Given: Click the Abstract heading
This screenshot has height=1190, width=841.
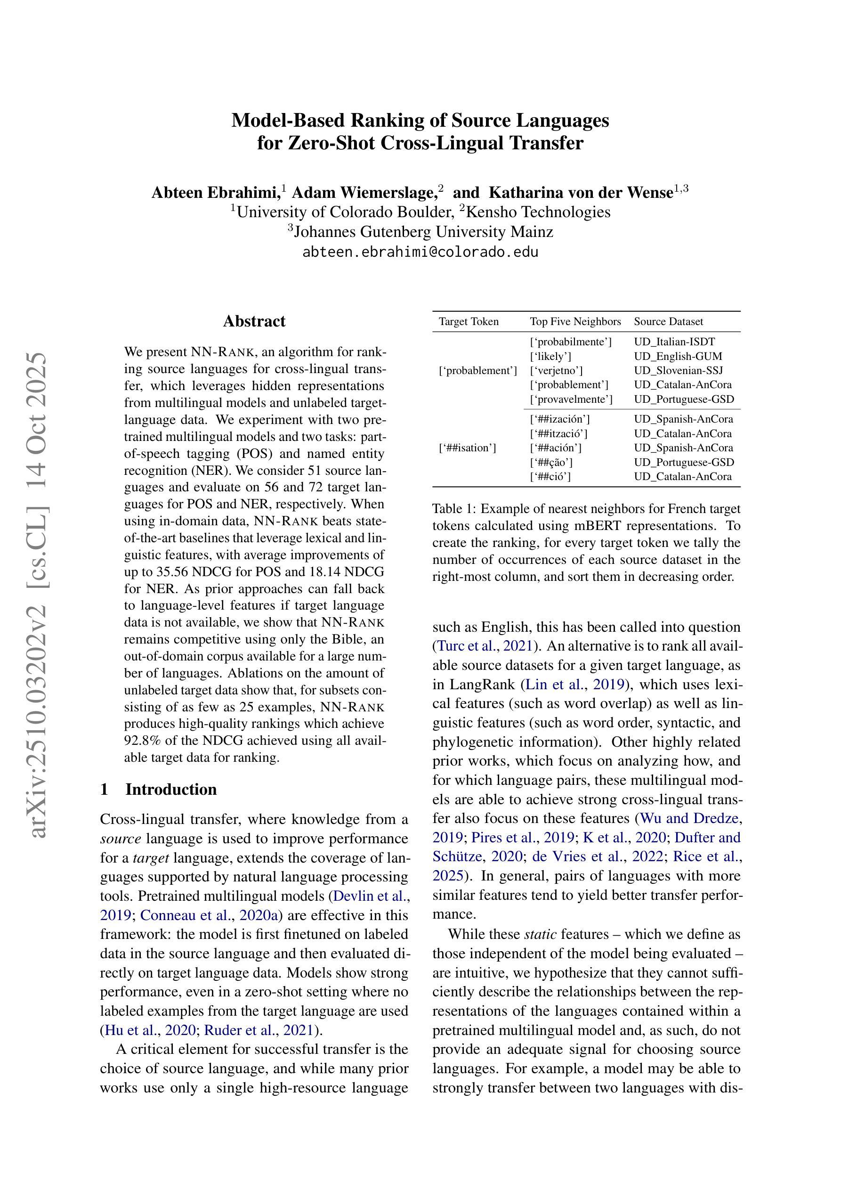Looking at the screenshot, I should pos(254,321).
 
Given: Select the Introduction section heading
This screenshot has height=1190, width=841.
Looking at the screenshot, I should pos(171,790).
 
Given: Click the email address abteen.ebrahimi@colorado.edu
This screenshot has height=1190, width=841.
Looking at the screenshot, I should pos(420,253).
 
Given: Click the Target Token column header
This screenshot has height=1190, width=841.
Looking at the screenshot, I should pos(469,322).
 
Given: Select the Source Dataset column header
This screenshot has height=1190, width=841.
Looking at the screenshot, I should pos(669,322).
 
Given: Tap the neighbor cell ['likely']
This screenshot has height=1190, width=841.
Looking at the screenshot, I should pos(550,357).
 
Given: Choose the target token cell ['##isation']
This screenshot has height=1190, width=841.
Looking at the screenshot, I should pos(468,448).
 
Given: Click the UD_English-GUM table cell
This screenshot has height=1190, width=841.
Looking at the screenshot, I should pos(678,357).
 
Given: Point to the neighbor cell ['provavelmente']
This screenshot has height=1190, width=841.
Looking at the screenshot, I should pos(571,399).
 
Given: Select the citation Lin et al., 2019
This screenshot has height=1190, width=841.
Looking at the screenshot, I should pos(574,685).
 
